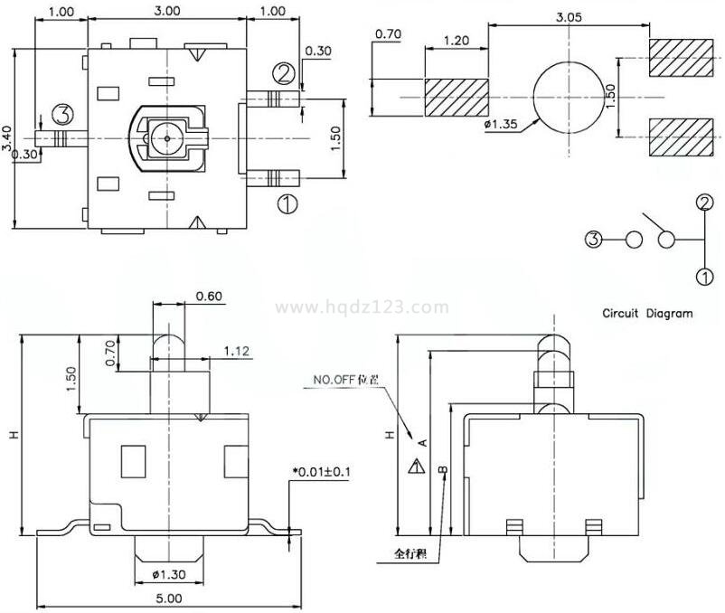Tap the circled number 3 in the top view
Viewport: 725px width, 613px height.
coord(62,115)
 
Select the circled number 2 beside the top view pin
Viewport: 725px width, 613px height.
coord(284,72)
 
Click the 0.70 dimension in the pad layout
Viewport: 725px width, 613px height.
coord(387,34)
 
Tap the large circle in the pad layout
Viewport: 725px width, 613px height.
coord(568,95)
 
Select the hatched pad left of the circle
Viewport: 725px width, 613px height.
coord(457,95)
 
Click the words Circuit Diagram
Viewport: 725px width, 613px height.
coord(647,314)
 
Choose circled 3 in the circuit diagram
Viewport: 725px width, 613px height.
coord(593,240)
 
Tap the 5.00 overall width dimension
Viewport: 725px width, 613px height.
coord(169,599)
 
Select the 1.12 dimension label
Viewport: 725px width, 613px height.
coord(238,350)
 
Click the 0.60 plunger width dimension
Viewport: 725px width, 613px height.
coord(209,296)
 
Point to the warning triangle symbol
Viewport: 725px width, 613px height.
coord(416,467)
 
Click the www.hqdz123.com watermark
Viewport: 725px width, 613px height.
coord(362,307)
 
